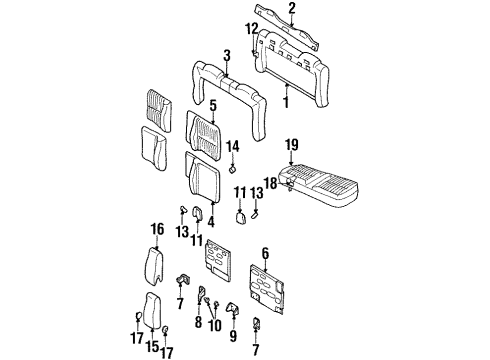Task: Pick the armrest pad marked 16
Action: click(156, 264)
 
